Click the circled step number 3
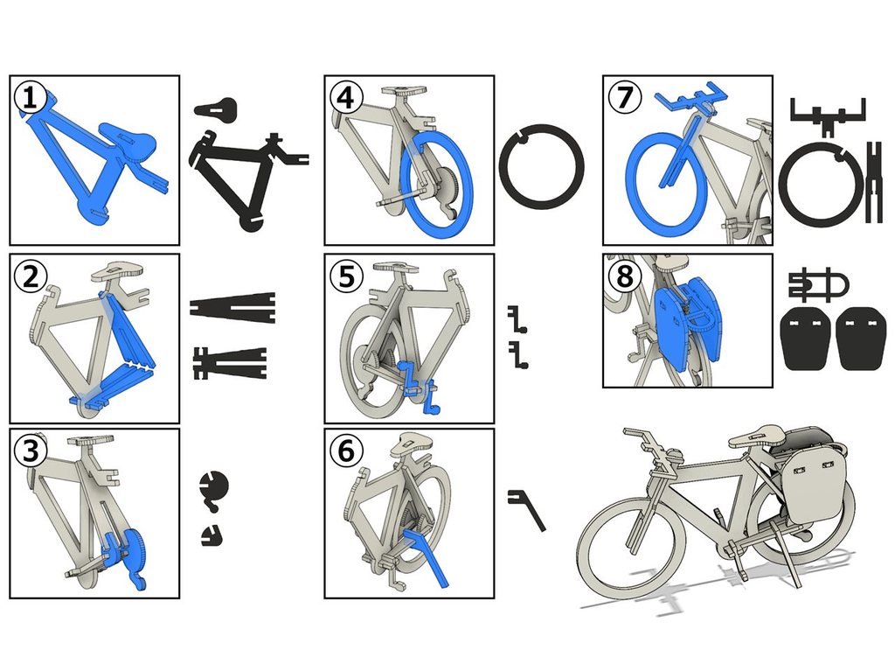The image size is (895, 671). click(x=31, y=451)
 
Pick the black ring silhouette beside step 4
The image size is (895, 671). click(x=541, y=166)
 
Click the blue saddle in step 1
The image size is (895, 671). click(x=131, y=136)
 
